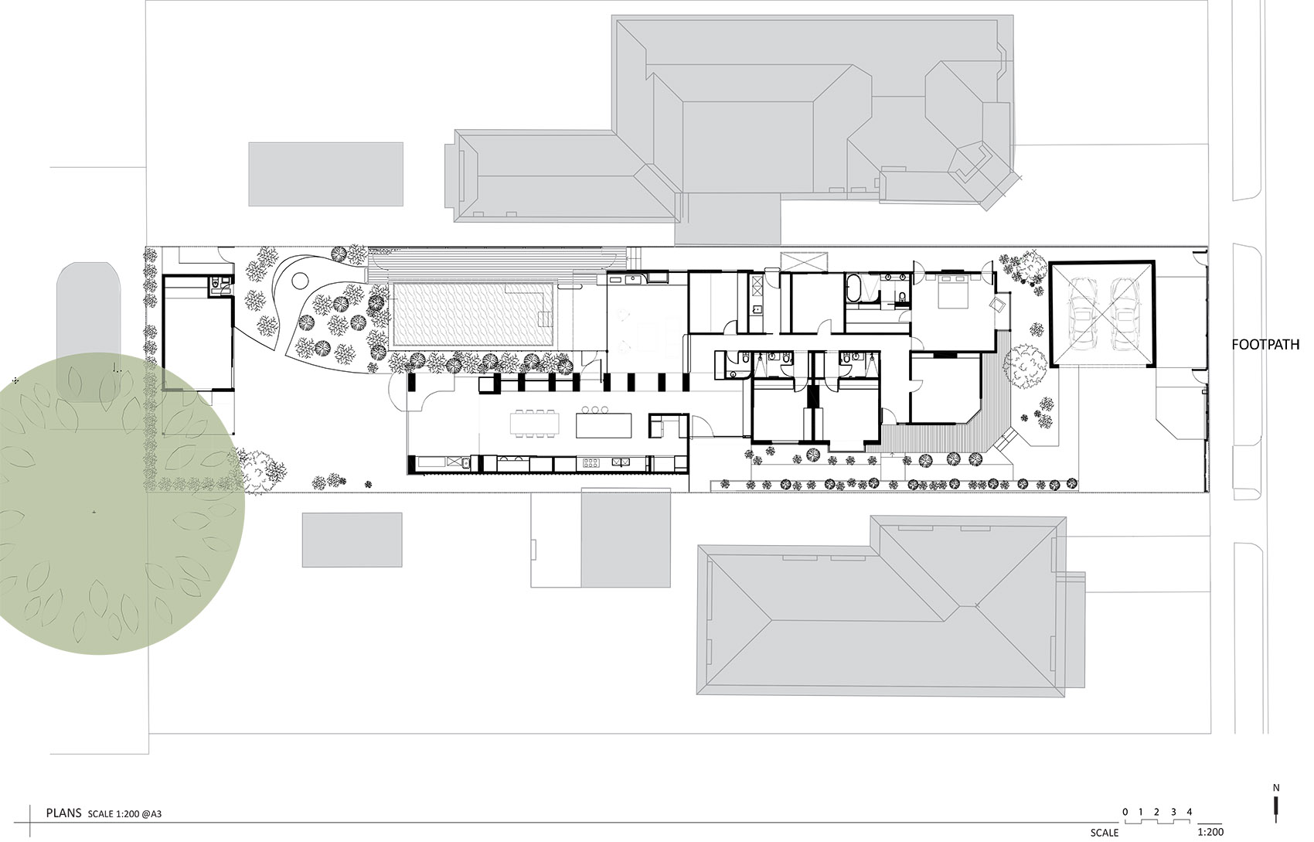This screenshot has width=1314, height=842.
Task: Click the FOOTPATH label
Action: coord(1265,345)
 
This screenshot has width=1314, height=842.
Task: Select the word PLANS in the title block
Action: coord(63,813)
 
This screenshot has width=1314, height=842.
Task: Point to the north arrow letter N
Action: coord(1276,788)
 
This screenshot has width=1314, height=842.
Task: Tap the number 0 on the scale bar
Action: coord(1125,812)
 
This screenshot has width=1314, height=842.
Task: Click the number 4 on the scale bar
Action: coord(1190,812)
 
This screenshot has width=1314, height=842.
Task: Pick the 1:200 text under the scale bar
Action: coord(1210,832)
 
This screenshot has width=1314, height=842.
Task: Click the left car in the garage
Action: coord(1081,312)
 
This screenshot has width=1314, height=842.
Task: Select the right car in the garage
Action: coord(1123,312)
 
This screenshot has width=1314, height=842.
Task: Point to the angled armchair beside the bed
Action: coord(997,305)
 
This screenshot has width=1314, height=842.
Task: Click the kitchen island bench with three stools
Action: coord(604,422)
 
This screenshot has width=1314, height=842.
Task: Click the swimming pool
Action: coord(474,315)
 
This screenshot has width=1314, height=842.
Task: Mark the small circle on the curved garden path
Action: coord(300,278)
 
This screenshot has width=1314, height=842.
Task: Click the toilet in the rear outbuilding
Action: coord(216,285)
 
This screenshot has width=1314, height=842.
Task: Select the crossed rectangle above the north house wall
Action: coord(804,262)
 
